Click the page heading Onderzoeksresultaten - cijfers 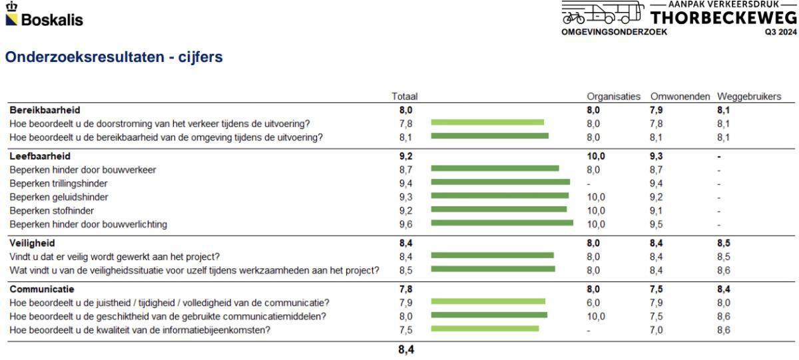coord(114,58)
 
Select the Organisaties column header coord(613,96)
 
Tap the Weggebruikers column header coord(744,96)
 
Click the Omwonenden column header coord(680,96)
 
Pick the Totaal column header coord(404,96)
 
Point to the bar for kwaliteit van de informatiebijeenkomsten coord(485,328)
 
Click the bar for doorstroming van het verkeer coord(487,122)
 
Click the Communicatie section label coord(42,289)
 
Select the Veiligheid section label coord(32,243)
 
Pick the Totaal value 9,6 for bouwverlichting coord(405,224)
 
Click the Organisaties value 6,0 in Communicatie coord(593,303)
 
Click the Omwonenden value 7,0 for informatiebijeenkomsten coord(657,329)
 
